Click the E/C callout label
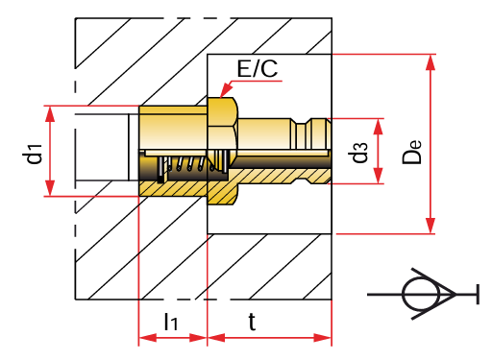[258, 68]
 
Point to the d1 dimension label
[32, 154]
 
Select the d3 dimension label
[358, 153]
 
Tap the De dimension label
[412, 152]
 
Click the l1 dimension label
[171, 322]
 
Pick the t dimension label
[252, 322]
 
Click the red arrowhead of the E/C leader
[227, 89]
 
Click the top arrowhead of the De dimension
[430, 61]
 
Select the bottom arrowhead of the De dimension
[430, 226]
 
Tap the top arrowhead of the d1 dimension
[50, 114]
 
